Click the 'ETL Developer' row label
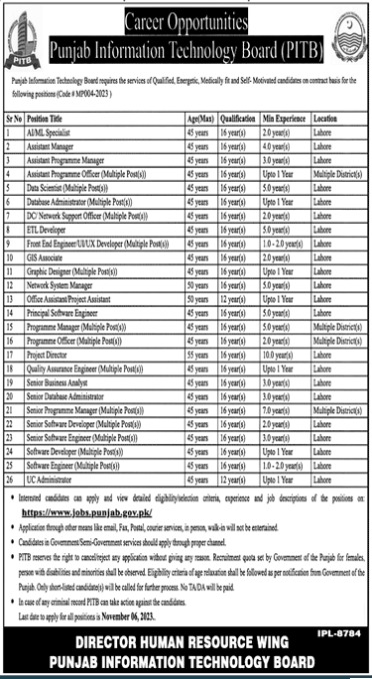[x=46, y=201]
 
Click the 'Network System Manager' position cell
[x=60, y=256]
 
